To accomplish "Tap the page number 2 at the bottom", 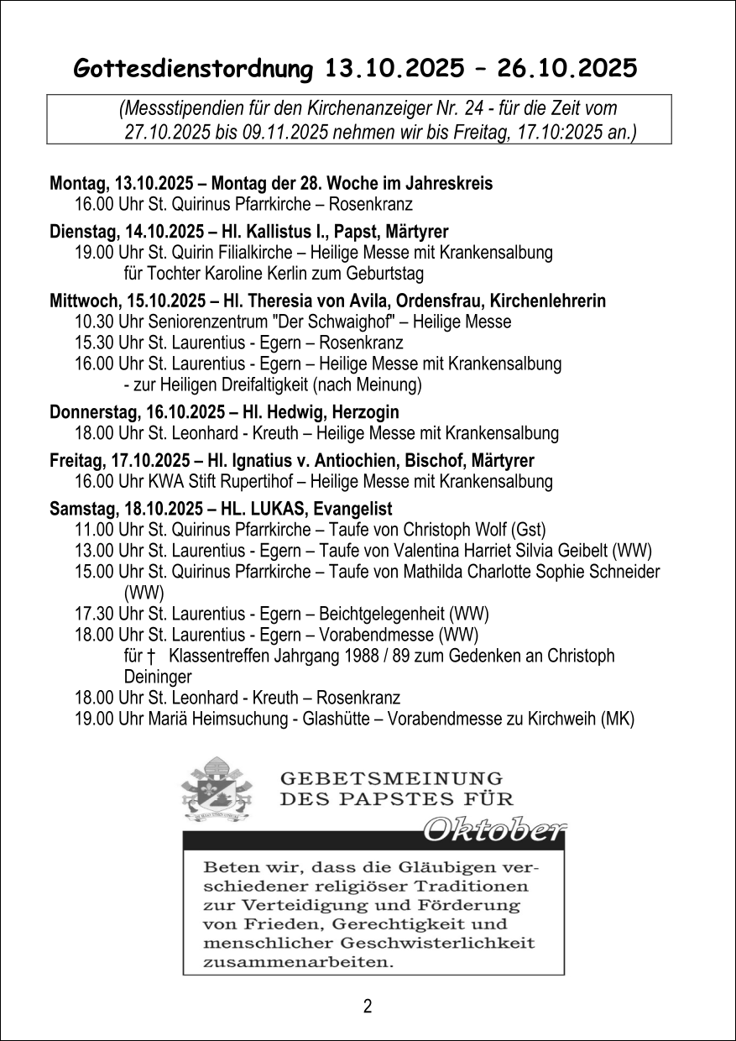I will pos(368,1007).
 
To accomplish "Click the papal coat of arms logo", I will pos(217,790).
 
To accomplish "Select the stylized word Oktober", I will pos(493,829).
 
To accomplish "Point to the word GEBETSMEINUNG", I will pos(392,779).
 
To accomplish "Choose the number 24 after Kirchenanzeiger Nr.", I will pos(467,108).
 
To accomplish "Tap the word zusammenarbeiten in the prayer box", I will pos(297,962).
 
